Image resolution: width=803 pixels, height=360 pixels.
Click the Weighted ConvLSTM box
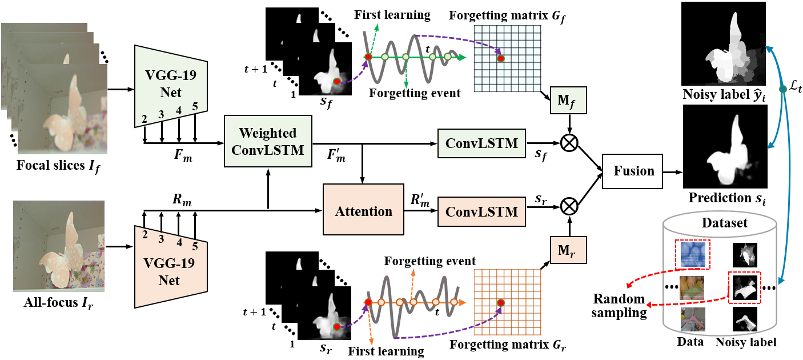pyautogui.click(x=268, y=141)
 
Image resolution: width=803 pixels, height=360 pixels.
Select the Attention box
pyautogui.click(x=363, y=211)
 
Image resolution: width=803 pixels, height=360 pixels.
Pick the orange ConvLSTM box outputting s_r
pyautogui.click(x=481, y=212)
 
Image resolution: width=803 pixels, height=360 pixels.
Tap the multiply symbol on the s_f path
pyautogui.click(x=569, y=143)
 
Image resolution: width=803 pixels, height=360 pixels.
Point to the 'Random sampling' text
pyautogui.click(x=619, y=306)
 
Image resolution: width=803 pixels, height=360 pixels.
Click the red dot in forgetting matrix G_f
pyautogui.click(x=500, y=58)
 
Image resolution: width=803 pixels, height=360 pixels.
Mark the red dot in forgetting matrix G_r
pyautogui.click(x=500, y=301)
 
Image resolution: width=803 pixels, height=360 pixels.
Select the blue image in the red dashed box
pyautogui.click(x=692, y=254)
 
